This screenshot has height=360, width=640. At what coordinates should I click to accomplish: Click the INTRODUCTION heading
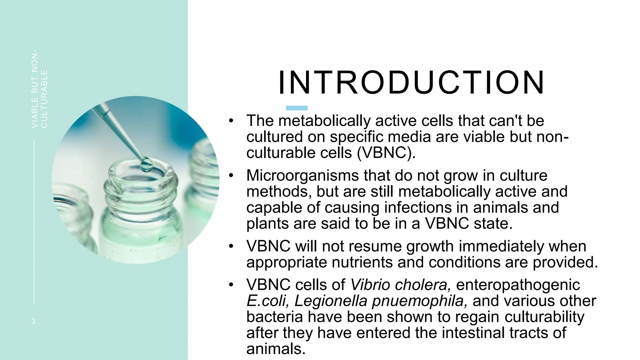coord(411,83)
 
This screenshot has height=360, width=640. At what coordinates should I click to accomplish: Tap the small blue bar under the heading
coord(297,108)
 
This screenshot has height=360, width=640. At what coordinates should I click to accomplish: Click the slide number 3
coord(33,321)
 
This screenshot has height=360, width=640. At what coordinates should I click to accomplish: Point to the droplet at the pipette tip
coord(146,164)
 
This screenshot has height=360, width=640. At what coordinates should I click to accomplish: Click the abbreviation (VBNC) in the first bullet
coord(386,153)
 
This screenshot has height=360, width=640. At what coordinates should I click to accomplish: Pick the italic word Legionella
coord(330,301)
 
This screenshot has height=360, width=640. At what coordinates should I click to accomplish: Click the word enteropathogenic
coord(518,285)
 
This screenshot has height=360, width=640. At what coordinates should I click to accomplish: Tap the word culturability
coord(544,317)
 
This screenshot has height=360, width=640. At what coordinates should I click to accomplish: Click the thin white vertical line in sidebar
coord(34,222)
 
